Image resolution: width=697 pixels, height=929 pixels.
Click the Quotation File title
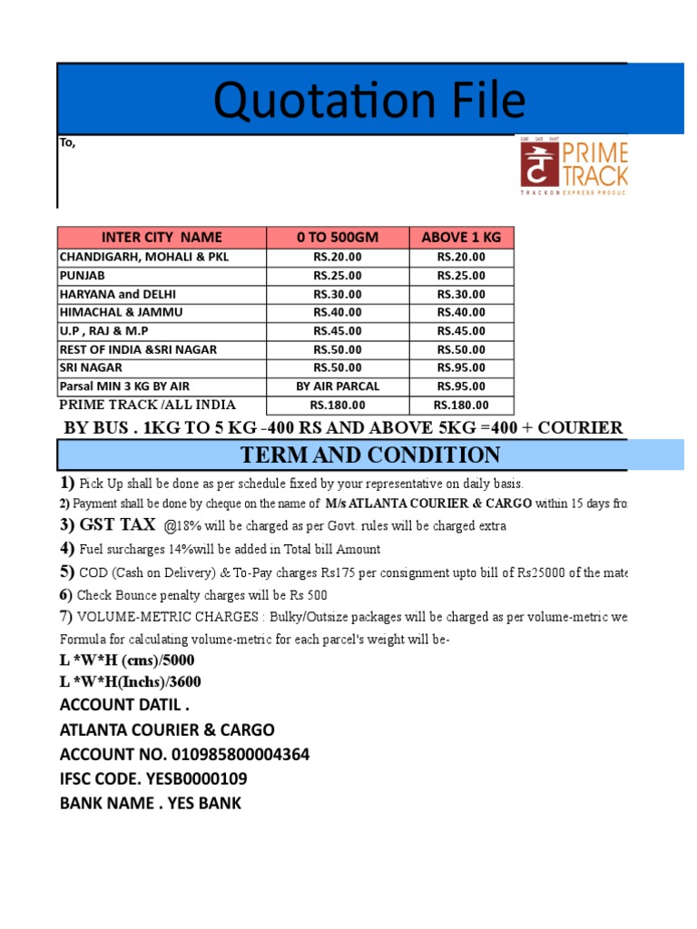pyautogui.click(x=369, y=101)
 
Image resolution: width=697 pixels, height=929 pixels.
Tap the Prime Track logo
pyautogui.click(x=572, y=166)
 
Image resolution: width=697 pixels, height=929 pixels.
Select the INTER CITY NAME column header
pyautogui.click(x=162, y=238)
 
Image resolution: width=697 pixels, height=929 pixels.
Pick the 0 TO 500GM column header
pyautogui.click(x=337, y=238)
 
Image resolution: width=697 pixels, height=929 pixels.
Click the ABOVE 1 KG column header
pyautogui.click(x=461, y=238)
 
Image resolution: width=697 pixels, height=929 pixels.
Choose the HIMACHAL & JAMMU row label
pyautogui.click(x=121, y=312)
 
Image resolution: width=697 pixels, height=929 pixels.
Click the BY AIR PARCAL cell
pyautogui.click(x=337, y=386)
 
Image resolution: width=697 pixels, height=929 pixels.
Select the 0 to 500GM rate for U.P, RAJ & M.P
pyautogui.click(x=337, y=331)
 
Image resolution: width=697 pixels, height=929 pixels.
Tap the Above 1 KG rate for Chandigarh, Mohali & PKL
pyautogui.click(x=461, y=257)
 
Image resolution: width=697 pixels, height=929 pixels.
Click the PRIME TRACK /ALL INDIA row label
pyautogui.click(x=147, y=405)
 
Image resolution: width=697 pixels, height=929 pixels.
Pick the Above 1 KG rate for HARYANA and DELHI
pyautogui.click(x=461, y=294)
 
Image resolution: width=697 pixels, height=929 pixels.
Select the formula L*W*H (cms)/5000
pyautogui.click(x=126, y=660)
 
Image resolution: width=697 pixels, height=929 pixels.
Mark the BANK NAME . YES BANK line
pyautogui.click(x=151, y=803)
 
